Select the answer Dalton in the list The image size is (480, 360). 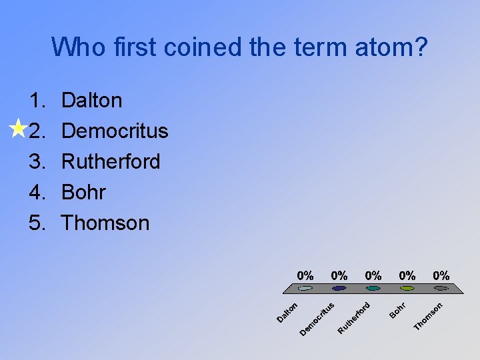[91, 101]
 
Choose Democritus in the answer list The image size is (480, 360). [114, 131]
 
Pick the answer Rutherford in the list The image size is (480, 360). [111, 161]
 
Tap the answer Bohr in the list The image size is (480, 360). [83, 192]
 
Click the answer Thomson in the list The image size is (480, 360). [105, 223]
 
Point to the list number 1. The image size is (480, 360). [36, 101]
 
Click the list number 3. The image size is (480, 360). [37, 161]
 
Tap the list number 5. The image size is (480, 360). [37, 223]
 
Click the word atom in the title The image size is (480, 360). [391, 47]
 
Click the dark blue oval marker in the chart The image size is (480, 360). [339, 289]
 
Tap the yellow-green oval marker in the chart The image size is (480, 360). [407, 289]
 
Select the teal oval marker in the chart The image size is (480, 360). [373, 289]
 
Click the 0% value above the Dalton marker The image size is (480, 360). [305, 275]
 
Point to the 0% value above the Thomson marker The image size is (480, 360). [441, 275]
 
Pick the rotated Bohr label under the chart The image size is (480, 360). [397, 310]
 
